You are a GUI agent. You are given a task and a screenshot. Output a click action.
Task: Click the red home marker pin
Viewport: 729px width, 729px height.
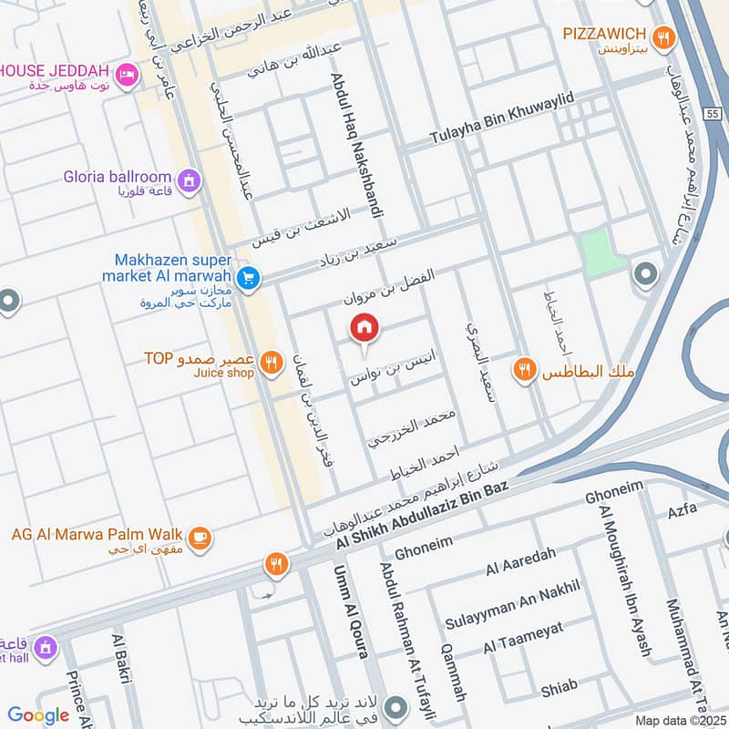[x=364, y=328]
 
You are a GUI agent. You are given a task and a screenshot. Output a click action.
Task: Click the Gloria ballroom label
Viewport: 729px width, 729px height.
[x=118, y=177]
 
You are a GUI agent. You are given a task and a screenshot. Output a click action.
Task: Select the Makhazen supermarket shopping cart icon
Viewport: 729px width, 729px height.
[x=246, y=278]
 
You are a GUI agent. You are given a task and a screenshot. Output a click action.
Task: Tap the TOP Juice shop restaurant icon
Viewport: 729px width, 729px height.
[x=271, y=364]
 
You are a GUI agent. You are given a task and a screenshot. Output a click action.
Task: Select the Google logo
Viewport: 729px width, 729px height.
[x=38, y=715]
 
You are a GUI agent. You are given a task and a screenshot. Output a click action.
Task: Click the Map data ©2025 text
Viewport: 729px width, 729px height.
[x=679, y=720]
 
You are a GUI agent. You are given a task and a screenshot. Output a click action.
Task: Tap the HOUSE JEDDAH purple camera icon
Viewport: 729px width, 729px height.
[x=127, y=72]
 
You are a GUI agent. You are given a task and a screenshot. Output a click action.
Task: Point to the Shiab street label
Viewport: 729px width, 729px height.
[x=559, y=690]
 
